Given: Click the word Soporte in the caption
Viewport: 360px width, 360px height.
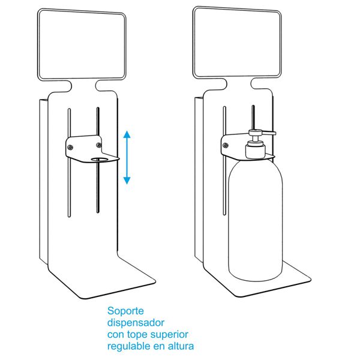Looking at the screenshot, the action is click(125, 311).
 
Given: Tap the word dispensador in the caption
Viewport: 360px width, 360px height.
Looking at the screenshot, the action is click(136, 323).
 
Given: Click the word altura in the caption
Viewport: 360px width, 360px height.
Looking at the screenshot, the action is click(181, 346).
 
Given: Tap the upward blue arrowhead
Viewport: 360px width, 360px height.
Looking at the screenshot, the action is click(127, 134).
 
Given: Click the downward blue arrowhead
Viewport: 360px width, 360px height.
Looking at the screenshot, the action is click(127, 181).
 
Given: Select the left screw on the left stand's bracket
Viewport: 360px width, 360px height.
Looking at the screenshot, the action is click(70, 147).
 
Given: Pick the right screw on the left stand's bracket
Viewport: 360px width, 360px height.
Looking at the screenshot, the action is click(99, 145).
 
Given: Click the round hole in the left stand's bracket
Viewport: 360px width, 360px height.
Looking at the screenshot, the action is click(100, 160).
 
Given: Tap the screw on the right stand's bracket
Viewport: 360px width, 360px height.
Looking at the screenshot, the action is click(226, 145).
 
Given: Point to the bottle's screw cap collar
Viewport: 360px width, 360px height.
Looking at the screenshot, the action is click(256, 151).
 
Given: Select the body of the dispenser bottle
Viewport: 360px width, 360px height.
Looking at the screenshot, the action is click(256, 220).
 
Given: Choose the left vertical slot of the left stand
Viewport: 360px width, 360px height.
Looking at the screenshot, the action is click(69, 163).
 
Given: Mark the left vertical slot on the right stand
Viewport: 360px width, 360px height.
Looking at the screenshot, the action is click(224, 161).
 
